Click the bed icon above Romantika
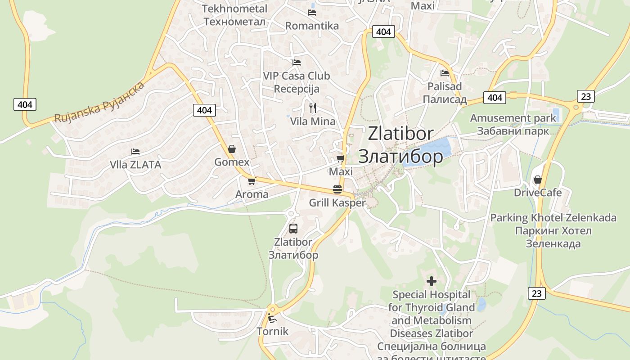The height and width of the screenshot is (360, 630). [x=312, y=12]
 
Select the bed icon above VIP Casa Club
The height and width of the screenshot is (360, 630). [x=296, y=62]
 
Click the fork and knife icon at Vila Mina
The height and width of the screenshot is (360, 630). [x=313, y=108]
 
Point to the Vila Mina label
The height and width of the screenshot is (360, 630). [x=313, y=121]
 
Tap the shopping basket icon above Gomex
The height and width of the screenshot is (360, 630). [x=232, y=148]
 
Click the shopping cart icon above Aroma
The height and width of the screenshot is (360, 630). [x=252, y=181]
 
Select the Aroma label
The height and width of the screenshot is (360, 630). [x=252, y=194]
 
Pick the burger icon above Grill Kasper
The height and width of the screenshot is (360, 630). [x=337, y=189]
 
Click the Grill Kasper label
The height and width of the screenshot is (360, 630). [x=337, y=203]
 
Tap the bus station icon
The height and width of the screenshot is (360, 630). [x=293, y=228]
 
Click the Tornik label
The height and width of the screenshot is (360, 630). [x=272, y=332]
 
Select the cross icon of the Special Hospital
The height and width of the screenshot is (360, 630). [x=432, y=281]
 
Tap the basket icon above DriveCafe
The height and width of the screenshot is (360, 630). [x=537, y=180]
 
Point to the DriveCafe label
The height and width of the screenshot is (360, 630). [x=538, y=193]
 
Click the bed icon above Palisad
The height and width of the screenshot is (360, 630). [x=445, y=73]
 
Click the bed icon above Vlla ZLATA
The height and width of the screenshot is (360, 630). [x=135, y=151]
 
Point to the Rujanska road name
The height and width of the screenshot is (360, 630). [x=99, y=102]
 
